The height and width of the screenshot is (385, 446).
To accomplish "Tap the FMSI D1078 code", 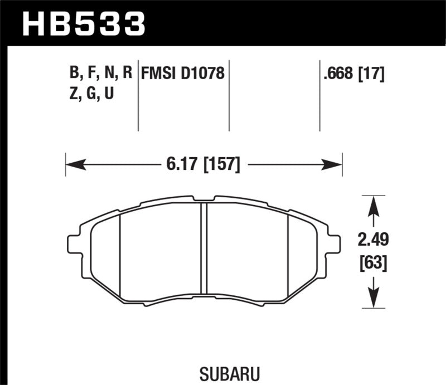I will tap(183, 74).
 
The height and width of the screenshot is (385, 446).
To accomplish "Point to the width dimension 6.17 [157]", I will tap(204, 164).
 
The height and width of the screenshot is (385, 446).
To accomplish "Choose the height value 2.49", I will tap(374, 241).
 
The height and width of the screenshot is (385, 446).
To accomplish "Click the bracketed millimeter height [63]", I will tap(374, 261).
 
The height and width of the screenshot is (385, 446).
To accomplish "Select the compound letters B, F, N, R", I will tap(100, 74).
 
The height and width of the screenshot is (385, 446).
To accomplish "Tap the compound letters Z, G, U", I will tap(92, 94).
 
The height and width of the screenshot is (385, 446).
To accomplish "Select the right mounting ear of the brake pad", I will tap(333, 243).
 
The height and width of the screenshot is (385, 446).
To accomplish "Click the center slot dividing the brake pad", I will tap(204, 248).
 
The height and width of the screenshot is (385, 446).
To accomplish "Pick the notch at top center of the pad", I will tap(204, 198).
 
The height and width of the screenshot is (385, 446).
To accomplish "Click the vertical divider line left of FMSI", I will tap(138, 95).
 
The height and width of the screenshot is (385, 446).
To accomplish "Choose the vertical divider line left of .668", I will tap(319, 95).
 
